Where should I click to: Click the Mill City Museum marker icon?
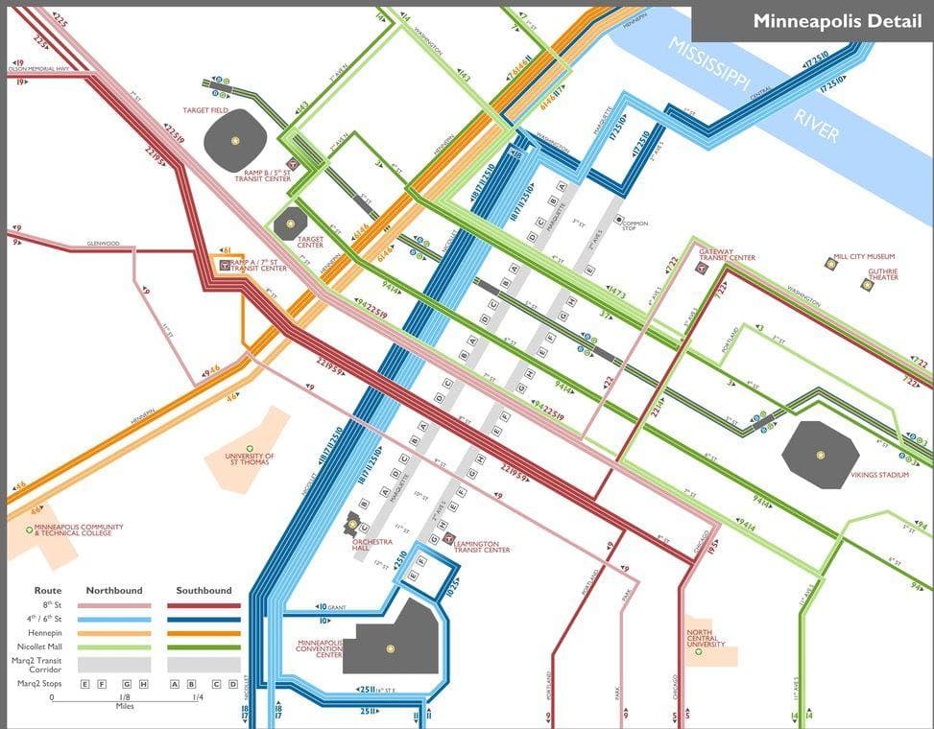tap(831, 263)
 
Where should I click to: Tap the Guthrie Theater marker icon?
tap(867, 285)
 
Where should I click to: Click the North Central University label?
tap(706, 639)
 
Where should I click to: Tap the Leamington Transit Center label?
tap(482, 546)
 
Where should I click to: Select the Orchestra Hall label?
tap(372, 545)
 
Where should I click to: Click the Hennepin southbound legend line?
tap(204, 633)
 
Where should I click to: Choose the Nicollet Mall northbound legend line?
tap(115, 647)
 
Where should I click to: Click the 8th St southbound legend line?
tap(204, 605)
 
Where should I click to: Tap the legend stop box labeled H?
tap(142, 684)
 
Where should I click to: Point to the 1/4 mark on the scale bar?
tap(198, 697)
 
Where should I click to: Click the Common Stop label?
tap(635, 225)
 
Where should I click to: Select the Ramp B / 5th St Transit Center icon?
tap(295, 164)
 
